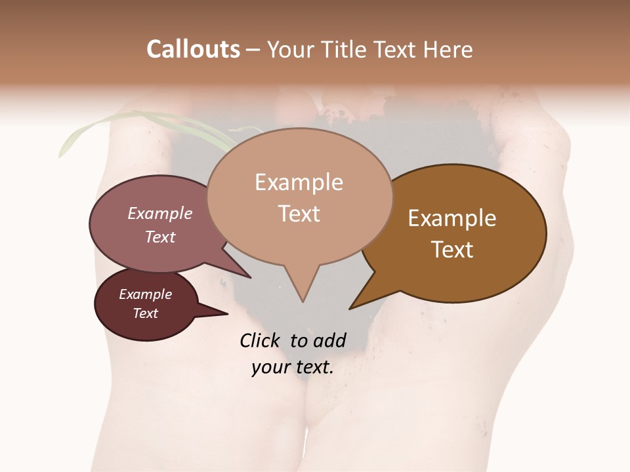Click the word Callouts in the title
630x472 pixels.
193,49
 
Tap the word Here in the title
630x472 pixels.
448,49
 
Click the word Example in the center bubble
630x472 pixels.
299,182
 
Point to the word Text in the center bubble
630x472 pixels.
299,214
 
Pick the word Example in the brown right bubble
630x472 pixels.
452,218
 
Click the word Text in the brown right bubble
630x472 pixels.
452,250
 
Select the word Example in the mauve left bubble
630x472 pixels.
160,214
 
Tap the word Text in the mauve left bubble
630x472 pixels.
160,237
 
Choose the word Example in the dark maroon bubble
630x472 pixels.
146,294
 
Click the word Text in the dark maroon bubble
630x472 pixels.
146,313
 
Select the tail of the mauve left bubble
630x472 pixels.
240,269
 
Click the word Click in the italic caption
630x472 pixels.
261,340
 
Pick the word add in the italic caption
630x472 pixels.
329,340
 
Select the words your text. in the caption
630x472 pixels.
292,367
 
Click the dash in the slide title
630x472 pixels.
253,49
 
